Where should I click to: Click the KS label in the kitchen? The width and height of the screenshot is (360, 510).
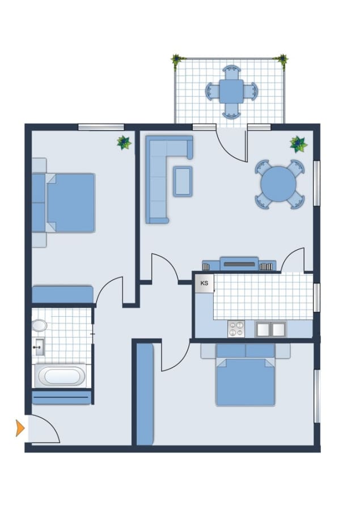point(204,283)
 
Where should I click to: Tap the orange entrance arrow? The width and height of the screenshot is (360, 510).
point(20,428)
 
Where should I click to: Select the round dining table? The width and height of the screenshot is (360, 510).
point(278,184)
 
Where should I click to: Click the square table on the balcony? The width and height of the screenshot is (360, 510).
point(231,91)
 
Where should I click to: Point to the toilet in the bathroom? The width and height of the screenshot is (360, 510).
point(39,325)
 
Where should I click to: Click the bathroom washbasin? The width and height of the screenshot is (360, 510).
point(39,347)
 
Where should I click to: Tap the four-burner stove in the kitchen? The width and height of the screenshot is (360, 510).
point(236,329)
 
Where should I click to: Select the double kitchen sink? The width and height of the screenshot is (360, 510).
point(271,329)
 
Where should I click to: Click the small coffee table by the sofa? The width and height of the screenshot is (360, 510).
point(183,181)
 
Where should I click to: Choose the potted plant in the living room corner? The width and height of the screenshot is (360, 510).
point(298,144)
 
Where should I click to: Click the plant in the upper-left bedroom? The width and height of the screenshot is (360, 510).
point(124,142)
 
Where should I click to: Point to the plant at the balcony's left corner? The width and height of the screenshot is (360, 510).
point(177,61)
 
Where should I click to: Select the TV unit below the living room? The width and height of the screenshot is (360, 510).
point(239,263)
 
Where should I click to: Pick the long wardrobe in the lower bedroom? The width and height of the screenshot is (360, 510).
point(145,394)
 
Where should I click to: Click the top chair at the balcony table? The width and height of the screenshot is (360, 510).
point(231,72)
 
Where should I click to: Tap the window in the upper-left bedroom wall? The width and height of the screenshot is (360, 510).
point(101,127)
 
